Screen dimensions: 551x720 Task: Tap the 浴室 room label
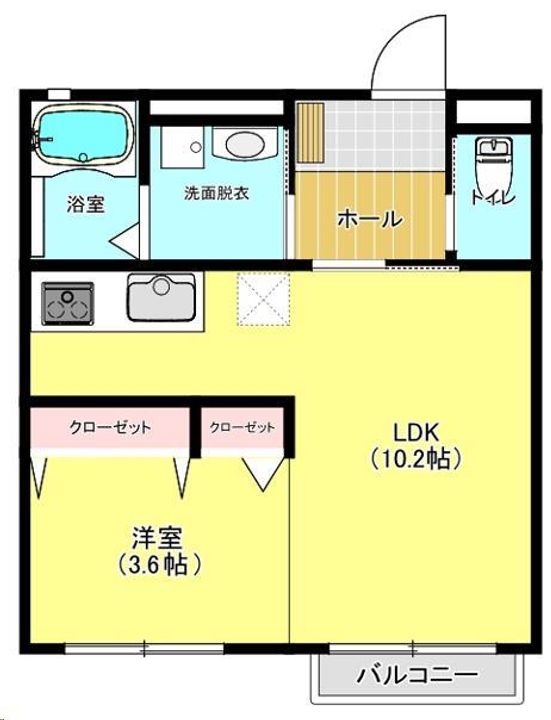(86, 204)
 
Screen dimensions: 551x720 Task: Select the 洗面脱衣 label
(216, 193)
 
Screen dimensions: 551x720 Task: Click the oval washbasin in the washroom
(245, 144)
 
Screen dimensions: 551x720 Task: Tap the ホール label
(370, 219)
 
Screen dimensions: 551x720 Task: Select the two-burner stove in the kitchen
(68, 304)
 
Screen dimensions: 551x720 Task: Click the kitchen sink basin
(161, 297)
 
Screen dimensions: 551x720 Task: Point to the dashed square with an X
(264, 299)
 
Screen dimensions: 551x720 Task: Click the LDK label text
(416, 433)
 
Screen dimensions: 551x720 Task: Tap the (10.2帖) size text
(416, 458)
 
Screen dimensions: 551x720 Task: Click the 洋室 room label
(157, 538)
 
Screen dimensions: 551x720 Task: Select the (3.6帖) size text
(159, 564)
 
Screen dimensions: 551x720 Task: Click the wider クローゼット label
(110, 428)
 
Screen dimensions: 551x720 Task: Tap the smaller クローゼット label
(242, 428)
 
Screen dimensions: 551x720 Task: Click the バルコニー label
(417, 675)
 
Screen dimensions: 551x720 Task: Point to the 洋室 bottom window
(144, 648)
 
